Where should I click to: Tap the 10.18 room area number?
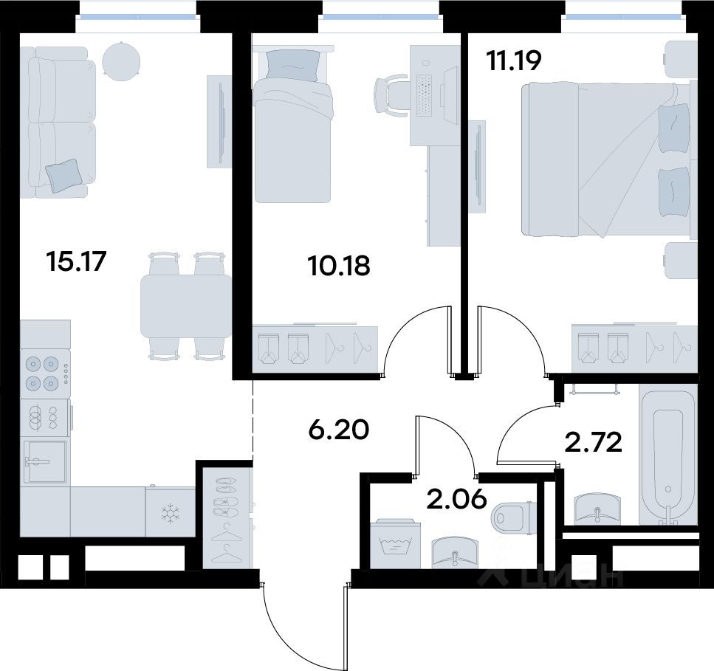339,266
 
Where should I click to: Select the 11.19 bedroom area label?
514,61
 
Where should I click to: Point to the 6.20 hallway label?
338,430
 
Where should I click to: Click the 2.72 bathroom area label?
593,442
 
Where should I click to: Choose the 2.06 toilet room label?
457,499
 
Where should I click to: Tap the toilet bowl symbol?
512,517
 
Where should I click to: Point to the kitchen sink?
44,461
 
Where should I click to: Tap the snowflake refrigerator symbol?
171,512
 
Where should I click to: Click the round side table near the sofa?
121,61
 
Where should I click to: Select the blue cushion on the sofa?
65,176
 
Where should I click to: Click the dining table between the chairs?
186,306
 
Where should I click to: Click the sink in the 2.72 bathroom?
597,508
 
